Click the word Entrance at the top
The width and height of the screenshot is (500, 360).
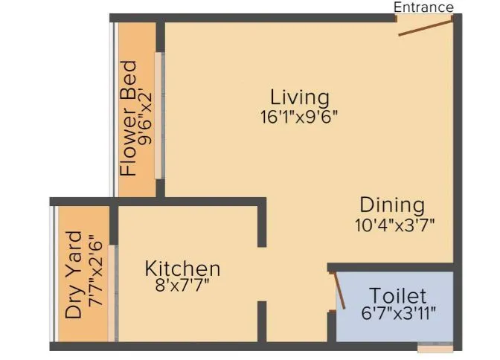(x=423, y=7)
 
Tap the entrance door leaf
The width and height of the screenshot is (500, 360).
(x=425, y=28)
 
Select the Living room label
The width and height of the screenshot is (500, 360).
(x=299, y=97)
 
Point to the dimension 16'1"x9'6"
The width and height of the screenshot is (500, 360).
(x=299, y=116)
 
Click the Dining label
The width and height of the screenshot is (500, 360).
(x=392, y=205)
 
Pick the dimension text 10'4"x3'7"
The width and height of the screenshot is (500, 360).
(x=394, y=222)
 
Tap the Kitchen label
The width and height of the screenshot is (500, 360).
(x=182, y=268)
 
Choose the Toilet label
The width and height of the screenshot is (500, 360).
(x=398, y=295)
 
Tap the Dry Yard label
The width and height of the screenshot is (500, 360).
(x=74, y=276)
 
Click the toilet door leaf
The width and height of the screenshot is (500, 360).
(x=339, y=290)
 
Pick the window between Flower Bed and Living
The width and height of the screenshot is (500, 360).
(x=158, y=115)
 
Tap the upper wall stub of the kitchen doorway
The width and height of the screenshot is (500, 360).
(x=261, y=223)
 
